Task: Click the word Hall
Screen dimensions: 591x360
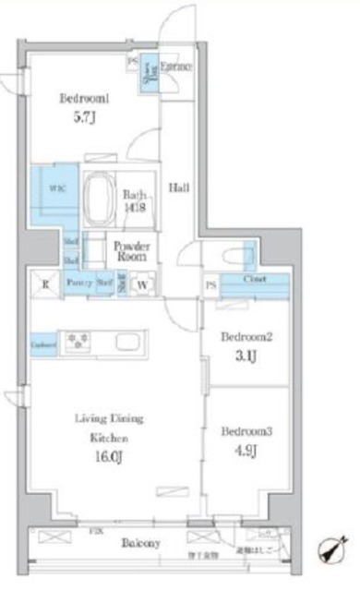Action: [x=178, y=188]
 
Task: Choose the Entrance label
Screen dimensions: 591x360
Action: [x=175, y=67]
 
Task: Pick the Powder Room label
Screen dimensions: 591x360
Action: [x=132, y=251]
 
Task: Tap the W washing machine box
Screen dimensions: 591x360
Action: [x=144, y=284]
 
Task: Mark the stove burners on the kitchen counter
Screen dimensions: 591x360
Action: [x=77, y=343]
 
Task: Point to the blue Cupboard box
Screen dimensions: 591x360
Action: [x=42, y=344]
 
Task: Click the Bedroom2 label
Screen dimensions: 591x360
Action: [x=244, y=338]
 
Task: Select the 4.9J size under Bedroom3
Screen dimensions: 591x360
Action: [x=243, y=451]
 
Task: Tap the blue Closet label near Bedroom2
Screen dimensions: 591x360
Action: [x=256, y=279]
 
